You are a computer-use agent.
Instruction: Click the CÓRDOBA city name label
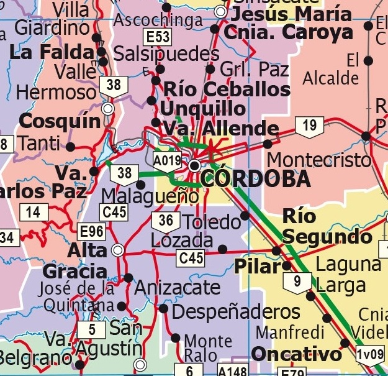pyautogui.click(x=256, y=179)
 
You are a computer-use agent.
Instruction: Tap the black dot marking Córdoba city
pyautogui.click(x=195, y=166)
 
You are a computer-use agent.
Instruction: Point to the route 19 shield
pyautogui.click(x=309, y=127)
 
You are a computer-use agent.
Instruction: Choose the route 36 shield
pyautogui.click(x=166, y=221)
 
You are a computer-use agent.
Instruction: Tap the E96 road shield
pyautogui.click(x=92, y=232)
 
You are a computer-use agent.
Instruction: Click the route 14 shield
pyautogui.click(x=34, y=213)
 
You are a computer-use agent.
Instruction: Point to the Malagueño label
pyautogui.click(x=150, y=196)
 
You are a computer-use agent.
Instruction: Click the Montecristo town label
pyautogui.click(x=319, y=160)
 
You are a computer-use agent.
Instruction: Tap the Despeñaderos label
pyautogui.click(x=236, y=311)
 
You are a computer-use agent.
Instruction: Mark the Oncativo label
pyautogui.click(x=296, y=355)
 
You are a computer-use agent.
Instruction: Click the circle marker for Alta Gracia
pyautogui.click(x=117, y=250)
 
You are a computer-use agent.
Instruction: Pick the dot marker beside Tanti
pyautogui.click(x=70, y=147)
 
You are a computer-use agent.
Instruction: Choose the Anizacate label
pyautogui.click(x=177, y=288)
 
